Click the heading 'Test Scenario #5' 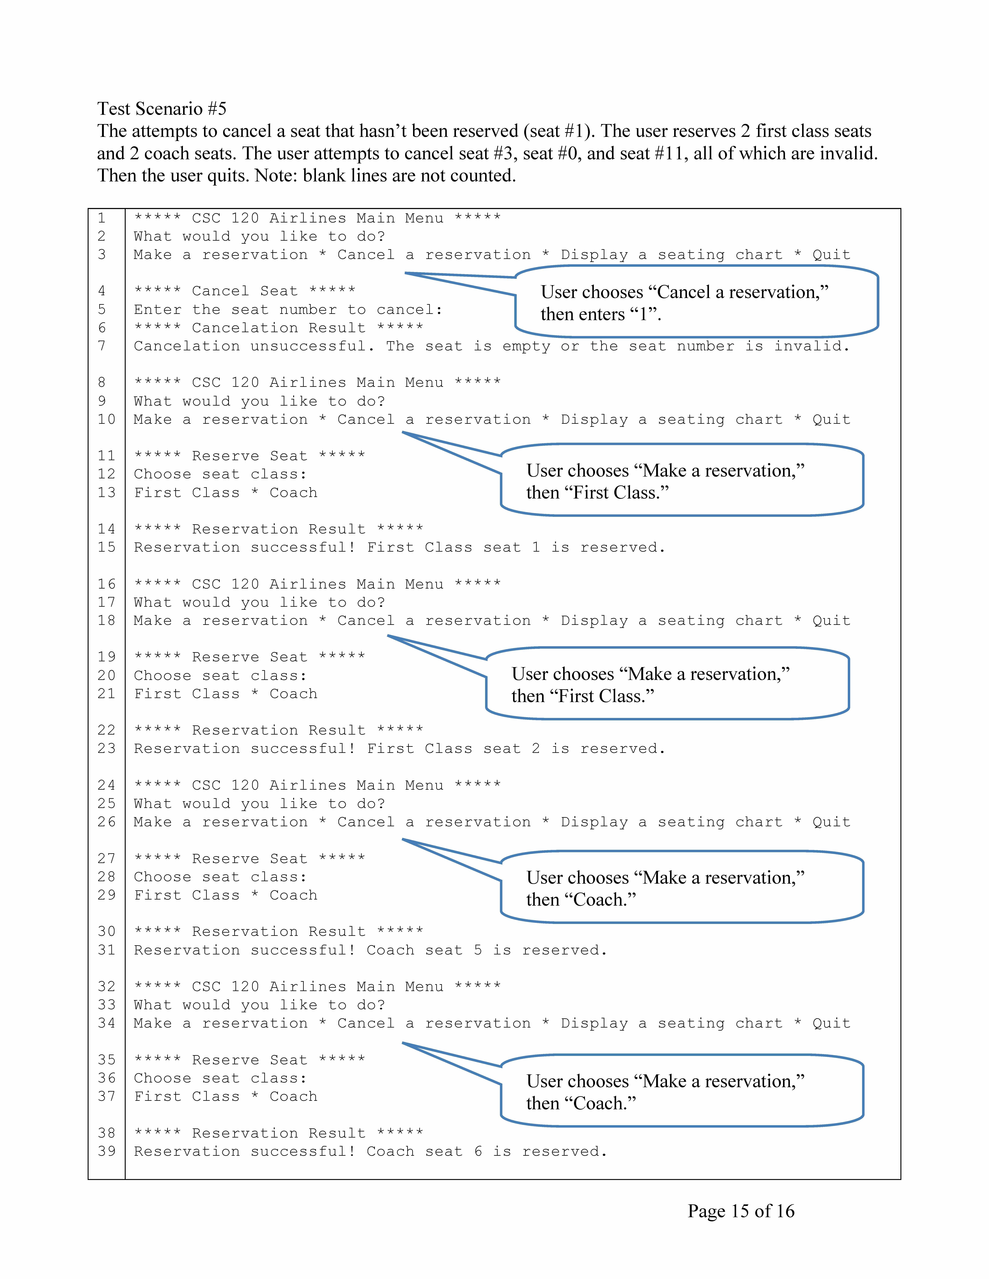pos(162,109)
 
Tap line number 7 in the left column pos(102,346)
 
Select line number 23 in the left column pos(107,748)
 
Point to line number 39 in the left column pos(107,1151)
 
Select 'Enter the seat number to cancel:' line pos(288,310)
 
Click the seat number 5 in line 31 pos(477,950)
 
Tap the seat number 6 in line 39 pos(477,1151)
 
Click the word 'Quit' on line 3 pos(831,255)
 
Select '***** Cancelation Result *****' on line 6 pos(278,328)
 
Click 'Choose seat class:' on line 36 pos(220,1078)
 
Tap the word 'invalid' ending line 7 pos(811,346)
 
